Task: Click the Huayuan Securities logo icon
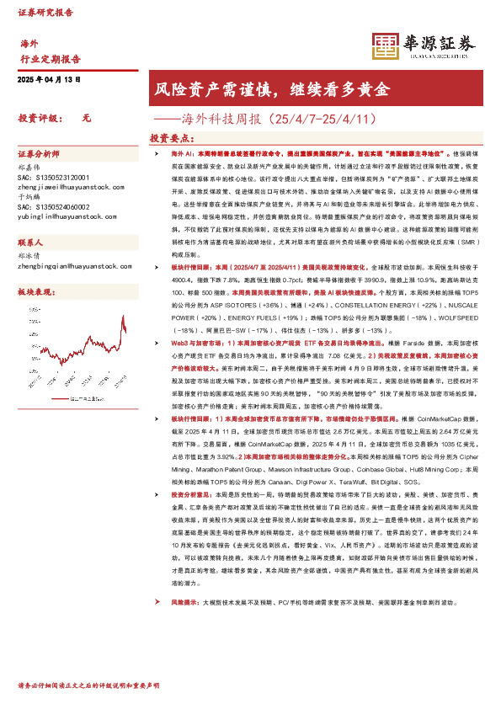point(385,45)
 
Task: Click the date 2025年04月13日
point(48,79)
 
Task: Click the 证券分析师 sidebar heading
point(40,155)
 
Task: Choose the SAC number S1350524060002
point(55,206)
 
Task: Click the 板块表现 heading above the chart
point(35,291)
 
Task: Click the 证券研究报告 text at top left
point(43,13)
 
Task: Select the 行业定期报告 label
point(50,59)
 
